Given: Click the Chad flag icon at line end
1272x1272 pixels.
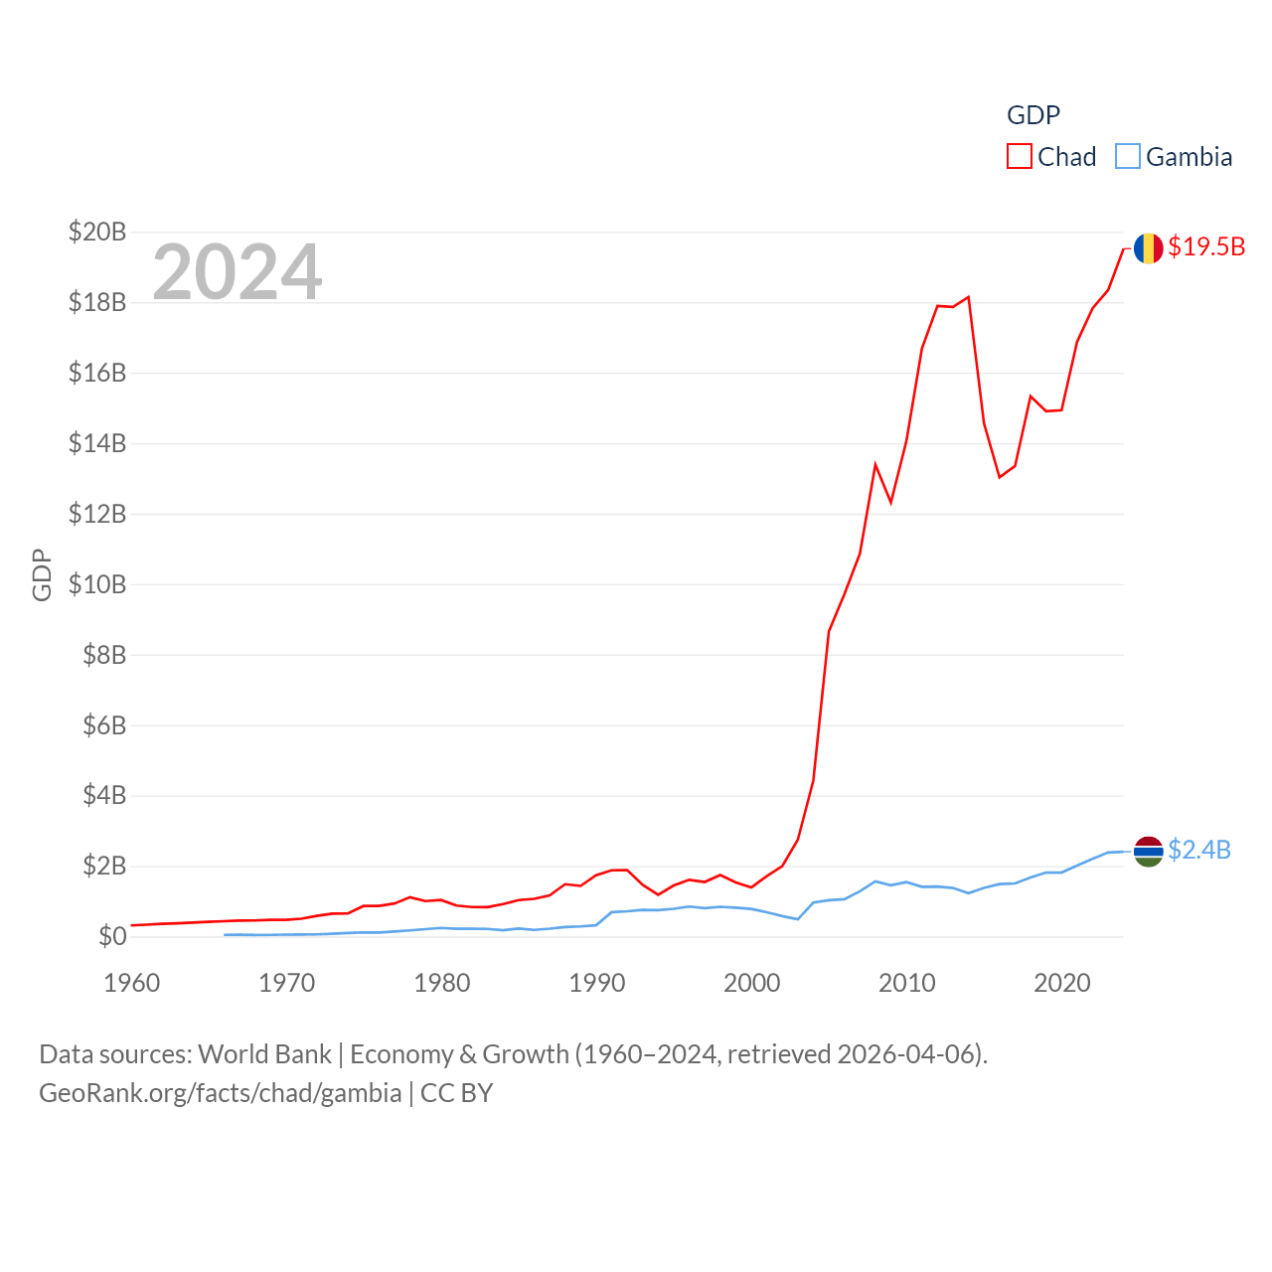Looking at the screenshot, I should [x=1148, y=247].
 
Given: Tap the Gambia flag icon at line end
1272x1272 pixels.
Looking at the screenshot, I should [x=1148, y=851].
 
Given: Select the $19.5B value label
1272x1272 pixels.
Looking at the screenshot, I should [x=1206, y=246].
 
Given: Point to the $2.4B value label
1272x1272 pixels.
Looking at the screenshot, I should [x=1199, y=850].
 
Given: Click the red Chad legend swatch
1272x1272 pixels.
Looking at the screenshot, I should [x=1020, y=157].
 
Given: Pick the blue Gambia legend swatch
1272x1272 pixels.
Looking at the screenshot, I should [x=1128, y=157].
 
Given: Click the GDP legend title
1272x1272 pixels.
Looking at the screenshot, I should [x=1033, y=115].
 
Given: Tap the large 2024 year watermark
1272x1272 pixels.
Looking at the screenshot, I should [x=238, y=271].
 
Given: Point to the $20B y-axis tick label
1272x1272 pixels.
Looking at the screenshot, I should [x=97, y=232].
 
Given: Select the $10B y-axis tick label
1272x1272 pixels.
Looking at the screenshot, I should [x=97, y=584].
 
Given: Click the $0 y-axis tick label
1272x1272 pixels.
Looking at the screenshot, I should [x=112, y=936].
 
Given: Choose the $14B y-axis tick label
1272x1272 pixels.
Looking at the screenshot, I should [x=97, y=443].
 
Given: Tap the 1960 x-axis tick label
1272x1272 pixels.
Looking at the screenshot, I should [x=132, y=983].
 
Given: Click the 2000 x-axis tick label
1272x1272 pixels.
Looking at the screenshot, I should [x=752, y=983].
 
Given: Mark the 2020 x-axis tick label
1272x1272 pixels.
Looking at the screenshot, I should [x=1062, y=983].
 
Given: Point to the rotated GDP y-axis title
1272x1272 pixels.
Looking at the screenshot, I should [x=42, y=574].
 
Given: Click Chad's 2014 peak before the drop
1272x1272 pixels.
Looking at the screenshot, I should [x=968, y=297].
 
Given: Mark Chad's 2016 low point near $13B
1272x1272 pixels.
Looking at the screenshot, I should [x=1000, y=477].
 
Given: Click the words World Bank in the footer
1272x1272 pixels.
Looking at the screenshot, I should [x=265, y=1054].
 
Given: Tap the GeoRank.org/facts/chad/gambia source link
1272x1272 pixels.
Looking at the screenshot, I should [x=221, y=1093].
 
